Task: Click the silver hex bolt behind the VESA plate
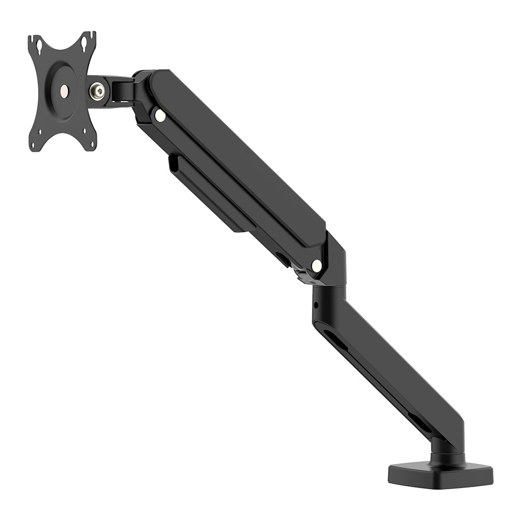97,92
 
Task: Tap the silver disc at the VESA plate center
64,90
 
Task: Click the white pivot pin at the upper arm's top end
160,115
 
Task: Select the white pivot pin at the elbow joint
316,266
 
